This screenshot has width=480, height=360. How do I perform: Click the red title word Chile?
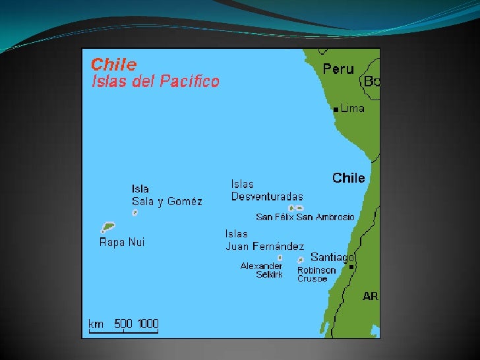pos(113,65)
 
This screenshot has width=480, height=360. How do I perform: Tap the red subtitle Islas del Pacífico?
pos(155,82)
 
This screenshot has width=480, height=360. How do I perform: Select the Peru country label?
pos(338,69)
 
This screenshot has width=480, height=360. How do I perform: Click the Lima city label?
pos(352,108)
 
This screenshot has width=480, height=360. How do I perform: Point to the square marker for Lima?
pos(336,109)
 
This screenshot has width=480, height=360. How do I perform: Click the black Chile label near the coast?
pos(348,178)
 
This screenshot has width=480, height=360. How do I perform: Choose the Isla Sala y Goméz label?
pos(167,195)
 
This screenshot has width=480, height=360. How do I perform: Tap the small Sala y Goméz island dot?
pos(135,212)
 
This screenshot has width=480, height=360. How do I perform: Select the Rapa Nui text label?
pos(122,242)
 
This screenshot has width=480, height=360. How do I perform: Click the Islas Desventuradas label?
pos(267,191)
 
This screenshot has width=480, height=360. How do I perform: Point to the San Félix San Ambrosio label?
pos(305,217)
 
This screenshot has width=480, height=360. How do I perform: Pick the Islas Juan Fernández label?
pos(264,240)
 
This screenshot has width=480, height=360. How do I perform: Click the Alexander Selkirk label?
pos(262,270)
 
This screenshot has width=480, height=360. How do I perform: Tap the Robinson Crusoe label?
pos(316,274)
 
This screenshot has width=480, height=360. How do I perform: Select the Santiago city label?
pos(332,256)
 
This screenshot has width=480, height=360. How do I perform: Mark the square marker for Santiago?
pos(351,267)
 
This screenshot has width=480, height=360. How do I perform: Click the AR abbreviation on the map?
pos(371,296)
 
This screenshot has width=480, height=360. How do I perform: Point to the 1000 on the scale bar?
pos(148,323)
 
